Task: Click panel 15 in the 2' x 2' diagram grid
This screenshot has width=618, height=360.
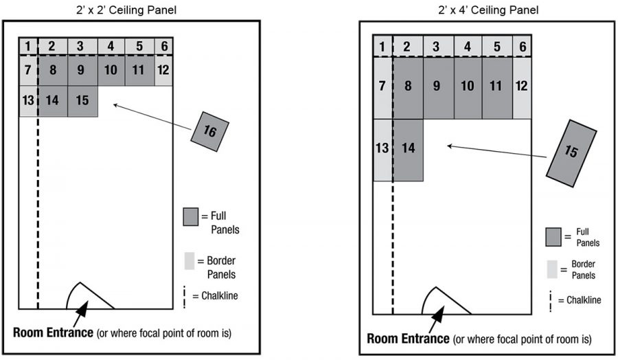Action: click(x=82, y=101)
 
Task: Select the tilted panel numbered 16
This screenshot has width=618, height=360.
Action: click(x=209, y=131)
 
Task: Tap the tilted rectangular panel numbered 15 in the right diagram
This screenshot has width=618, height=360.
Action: click(x=571, y=151)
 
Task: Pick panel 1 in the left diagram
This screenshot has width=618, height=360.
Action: click(x=27, y=46)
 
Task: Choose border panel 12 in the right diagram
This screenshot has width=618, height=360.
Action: click(x=521, y=87)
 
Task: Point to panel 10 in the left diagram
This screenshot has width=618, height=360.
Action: click(x=111, y=70)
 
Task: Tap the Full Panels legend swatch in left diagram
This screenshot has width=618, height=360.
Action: click(x=192, y=216)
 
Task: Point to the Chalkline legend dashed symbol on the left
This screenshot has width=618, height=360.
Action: click(x=186, y=296)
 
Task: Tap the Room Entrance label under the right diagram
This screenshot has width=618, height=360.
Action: click(x=408, y=339)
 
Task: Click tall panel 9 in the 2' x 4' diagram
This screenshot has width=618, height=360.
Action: click(x=437, y=87)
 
